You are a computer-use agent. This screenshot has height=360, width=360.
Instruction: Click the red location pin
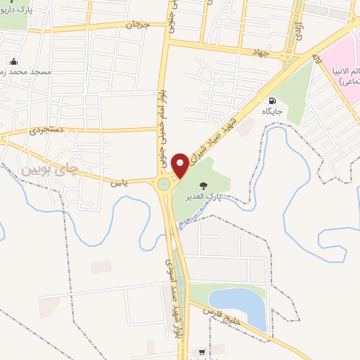point(181,165)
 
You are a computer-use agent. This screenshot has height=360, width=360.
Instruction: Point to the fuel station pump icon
point(272,101)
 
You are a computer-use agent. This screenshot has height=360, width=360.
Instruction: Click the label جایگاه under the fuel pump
point(272,112)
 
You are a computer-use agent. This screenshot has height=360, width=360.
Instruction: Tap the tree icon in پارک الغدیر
point(203,186)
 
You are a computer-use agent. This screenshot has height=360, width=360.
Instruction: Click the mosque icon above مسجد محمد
point(13,62)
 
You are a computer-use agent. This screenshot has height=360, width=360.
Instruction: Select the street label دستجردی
point(47,130)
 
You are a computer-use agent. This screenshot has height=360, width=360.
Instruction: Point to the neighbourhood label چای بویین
point(37,169)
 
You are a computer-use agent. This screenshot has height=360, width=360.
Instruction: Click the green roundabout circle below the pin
point(165,184)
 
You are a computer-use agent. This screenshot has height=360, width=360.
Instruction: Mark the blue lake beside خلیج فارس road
point(247,307)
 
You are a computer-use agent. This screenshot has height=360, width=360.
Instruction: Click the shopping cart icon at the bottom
point(202,352)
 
